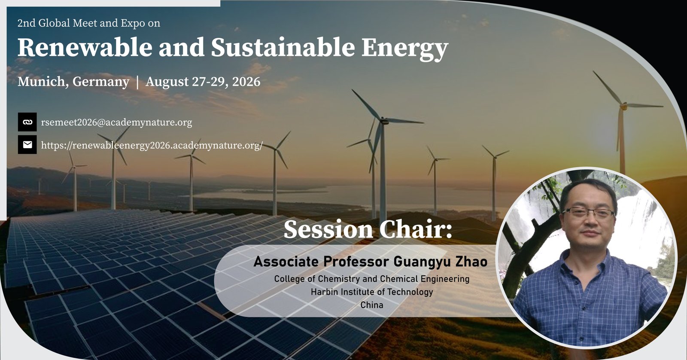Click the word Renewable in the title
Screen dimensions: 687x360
[x=85, y=48]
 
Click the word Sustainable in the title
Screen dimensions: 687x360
[x=283, y=48]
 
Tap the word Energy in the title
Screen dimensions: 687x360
[x=405, y=49]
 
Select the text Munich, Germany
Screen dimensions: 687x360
[x=73, y=82]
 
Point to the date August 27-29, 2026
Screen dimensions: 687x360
[x=203, y=82]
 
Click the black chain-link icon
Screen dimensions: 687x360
[x=27, y=122]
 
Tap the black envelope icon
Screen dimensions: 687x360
[x=27, y=144]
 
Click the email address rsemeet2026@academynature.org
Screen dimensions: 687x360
[x=116, y=122]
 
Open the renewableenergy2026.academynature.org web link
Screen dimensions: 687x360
[x=152, y=145]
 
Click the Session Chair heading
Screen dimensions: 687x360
[x=368, y=229]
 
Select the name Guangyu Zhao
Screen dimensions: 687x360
[x=441, y=262]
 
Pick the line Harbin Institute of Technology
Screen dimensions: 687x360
[x=372, y=292]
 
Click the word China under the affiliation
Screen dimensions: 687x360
[x=372, y=305]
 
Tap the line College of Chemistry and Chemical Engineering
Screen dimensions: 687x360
[x=372, y=279]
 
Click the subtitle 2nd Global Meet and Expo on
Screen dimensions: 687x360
[x=88, y=23]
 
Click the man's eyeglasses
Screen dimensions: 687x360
[x=589, y=212]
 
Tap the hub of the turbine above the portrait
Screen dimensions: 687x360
[x=624, y=106]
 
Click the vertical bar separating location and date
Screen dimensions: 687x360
[x=137, y=82]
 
